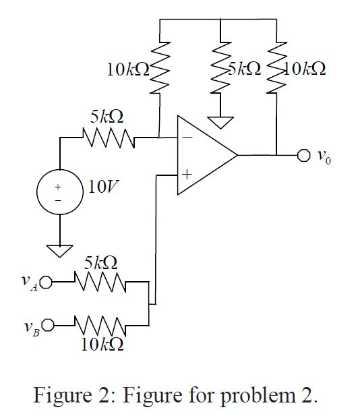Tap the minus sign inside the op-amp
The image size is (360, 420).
pos(186,137)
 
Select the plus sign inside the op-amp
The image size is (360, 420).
pos(186,175)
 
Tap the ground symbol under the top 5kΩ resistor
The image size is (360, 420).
pos(220,122)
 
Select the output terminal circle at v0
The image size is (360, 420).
pos(302,156)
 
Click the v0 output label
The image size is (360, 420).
pos(324,157)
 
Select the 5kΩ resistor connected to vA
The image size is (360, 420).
pos(101,282)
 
